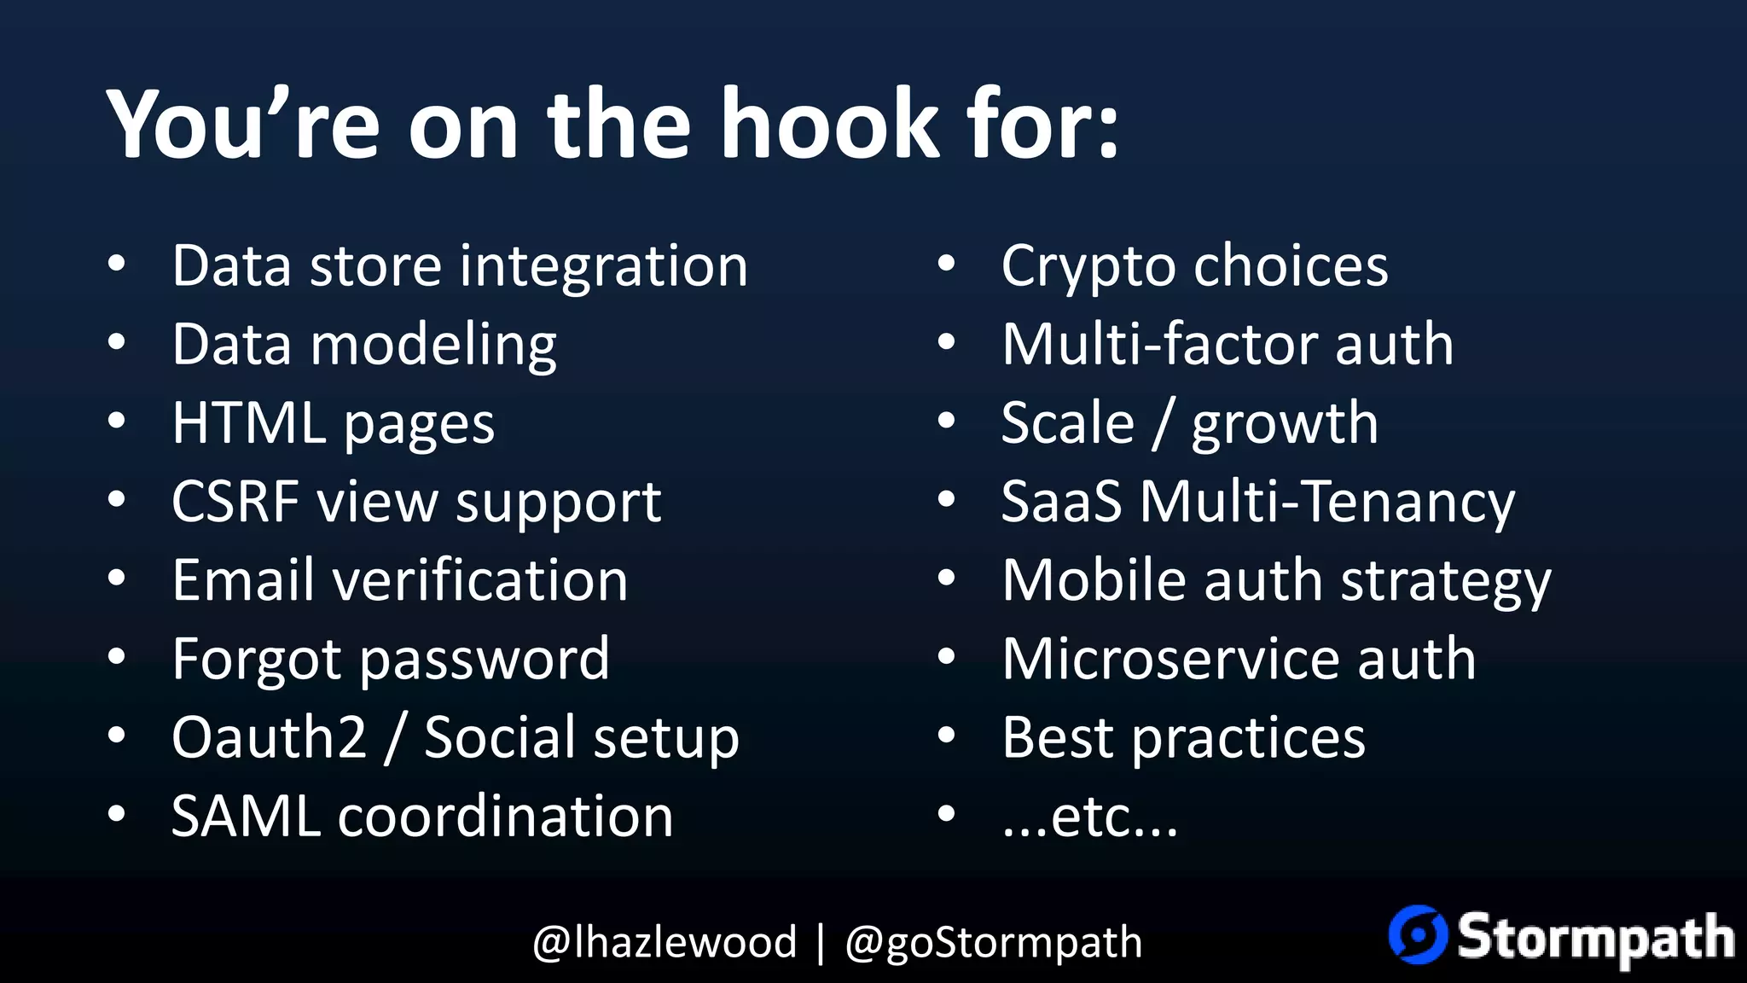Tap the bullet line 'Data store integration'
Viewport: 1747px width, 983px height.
pyautogui.click(x=460, y=265)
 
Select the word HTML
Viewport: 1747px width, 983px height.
pyautogui.click(x=249, y=423)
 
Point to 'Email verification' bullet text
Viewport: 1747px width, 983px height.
pyautogui.click(x=400, y=580)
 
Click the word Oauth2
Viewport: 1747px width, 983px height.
pyautogui.click(x=269, y=737)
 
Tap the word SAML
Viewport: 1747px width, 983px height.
pyautogui.click(x=246, y=817)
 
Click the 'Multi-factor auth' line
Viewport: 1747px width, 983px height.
pyautogui.click(x=1228, y=345)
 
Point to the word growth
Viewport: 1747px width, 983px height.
pyautogui.click(x=1284, y=424)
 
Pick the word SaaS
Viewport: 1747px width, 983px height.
pyautogui.click(x=1061, y=502)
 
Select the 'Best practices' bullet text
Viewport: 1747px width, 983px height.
pyautogui.click(x=1183, y=737)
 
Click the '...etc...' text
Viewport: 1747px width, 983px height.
pyautogui.click(x=1089, y=817)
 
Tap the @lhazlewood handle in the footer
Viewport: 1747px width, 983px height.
pyautogui.click(x=665, y=942)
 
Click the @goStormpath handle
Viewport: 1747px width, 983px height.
pyautogui.click(x=993, y=943)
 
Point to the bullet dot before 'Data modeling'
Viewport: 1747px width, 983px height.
pyautogui.click(x=117, y=343)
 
